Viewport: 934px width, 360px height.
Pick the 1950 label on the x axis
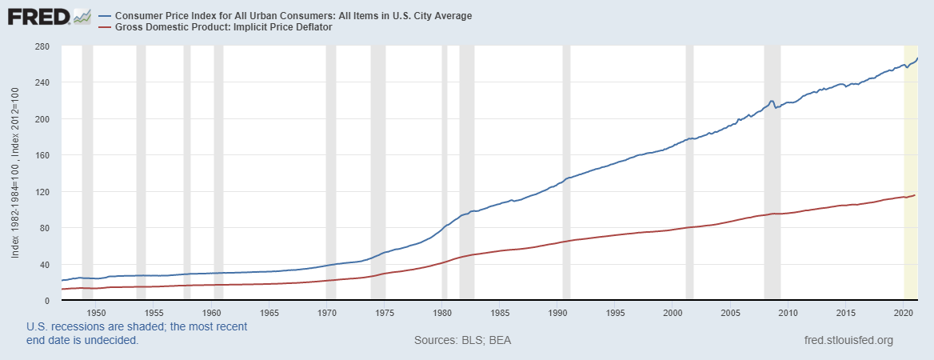[96, 312]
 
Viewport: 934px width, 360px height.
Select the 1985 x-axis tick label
[501, 312]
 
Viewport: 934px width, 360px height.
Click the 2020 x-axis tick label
[904, 312]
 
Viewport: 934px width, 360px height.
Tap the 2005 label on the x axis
[730, 312]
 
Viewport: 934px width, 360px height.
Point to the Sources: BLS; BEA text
[462, 341]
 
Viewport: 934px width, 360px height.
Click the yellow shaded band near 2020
[909, 160]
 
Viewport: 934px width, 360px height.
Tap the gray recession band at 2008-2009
[772, 200]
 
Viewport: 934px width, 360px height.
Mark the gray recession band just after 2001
[689, 200]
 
